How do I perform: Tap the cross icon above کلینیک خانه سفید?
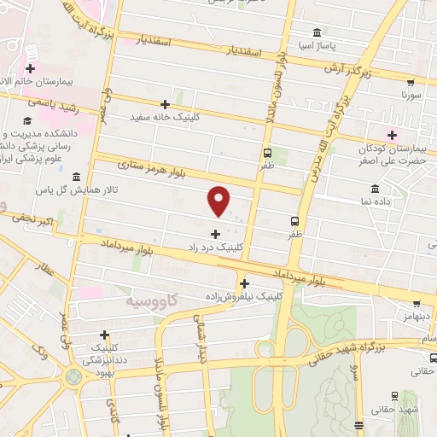(178, 103)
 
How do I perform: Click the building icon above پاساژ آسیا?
(318, 33)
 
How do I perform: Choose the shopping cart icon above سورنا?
(411, 84)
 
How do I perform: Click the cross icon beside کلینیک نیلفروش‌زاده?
(245, 284)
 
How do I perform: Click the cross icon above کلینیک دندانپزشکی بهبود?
(105, 335)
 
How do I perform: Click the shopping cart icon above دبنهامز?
(416, 303)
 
